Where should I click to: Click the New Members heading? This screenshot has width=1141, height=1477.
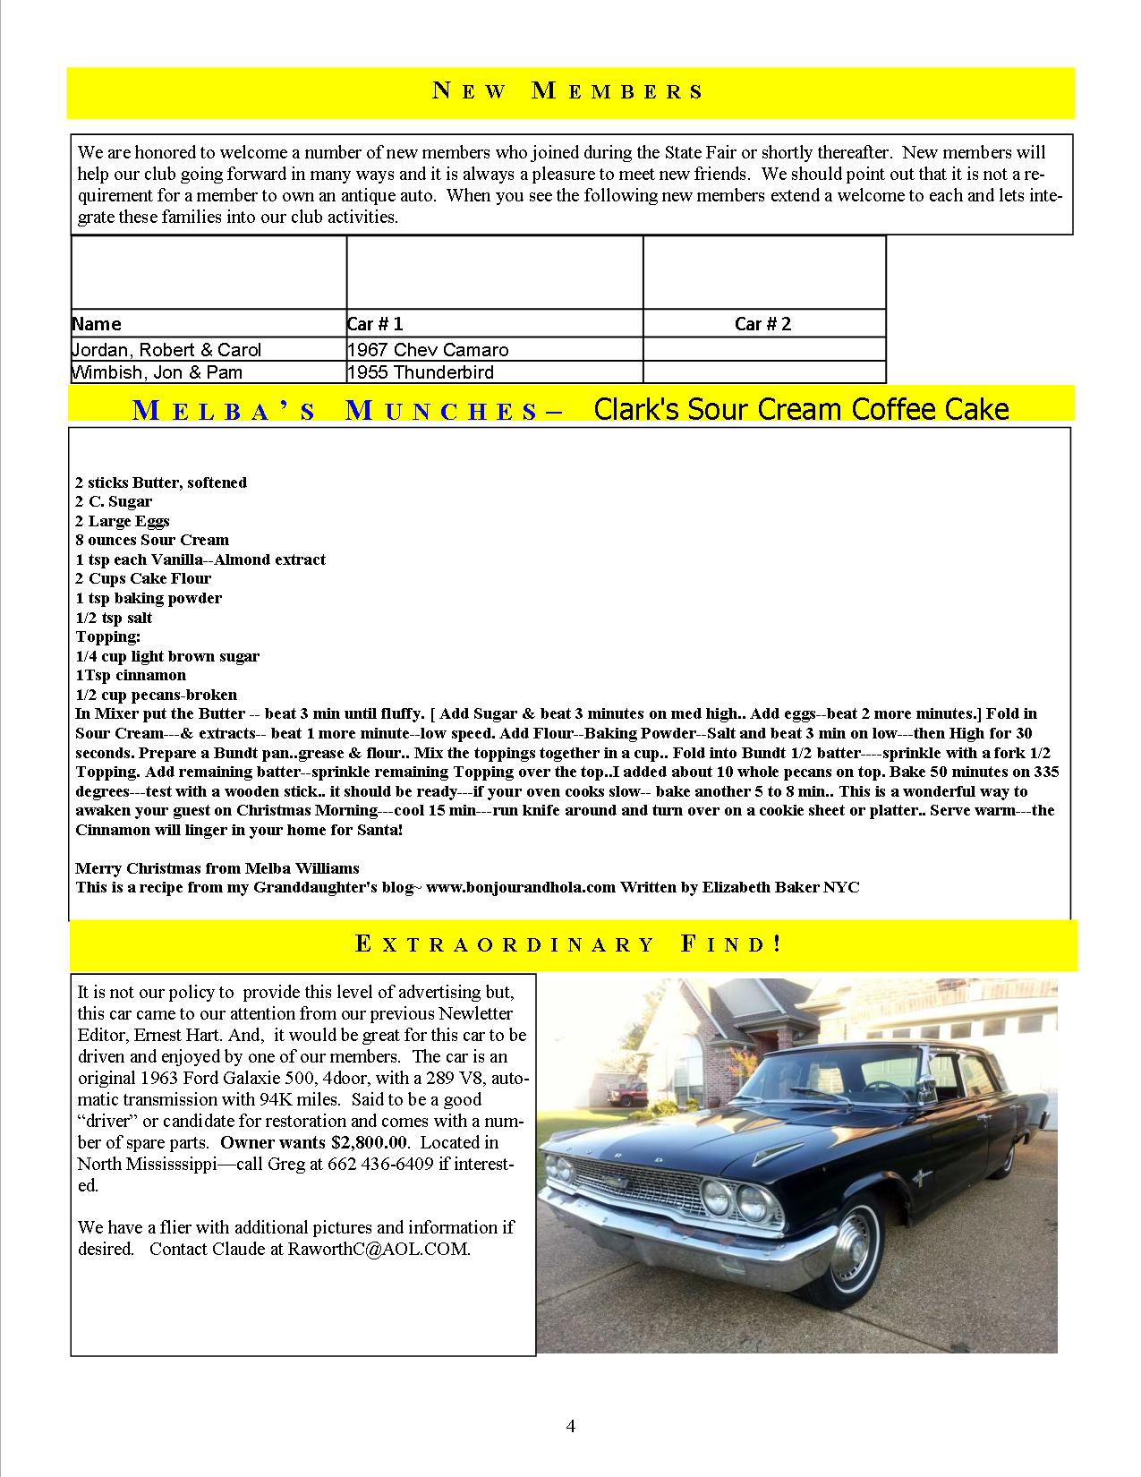(x=569, y=91)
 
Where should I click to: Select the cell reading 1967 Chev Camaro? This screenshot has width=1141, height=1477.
(x=428, y=350)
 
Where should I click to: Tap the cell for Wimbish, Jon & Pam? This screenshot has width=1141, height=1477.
(x=158, y=372)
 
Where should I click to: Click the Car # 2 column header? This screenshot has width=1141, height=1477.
(x=762, y=324)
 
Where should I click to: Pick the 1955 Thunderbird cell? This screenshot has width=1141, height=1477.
(x=421, y=372)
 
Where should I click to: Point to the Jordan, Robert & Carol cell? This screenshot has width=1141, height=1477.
(x=167, y=350)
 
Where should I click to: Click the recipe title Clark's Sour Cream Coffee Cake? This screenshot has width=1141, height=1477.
(x=801, y=409)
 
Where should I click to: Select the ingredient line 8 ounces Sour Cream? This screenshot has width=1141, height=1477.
(x=152, y=540)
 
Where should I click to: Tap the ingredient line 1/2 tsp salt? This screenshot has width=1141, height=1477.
(x=114, y=618)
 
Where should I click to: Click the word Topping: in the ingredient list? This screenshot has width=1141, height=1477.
(x=108, y=636)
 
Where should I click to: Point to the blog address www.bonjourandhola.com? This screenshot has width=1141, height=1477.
(x=521, y=887)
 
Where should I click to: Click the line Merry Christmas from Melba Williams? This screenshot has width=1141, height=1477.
(x=217, y=867)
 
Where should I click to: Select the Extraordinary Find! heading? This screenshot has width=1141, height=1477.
(x=569, y=944)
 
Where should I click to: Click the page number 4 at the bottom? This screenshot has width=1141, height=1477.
(x=570, y=1427)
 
